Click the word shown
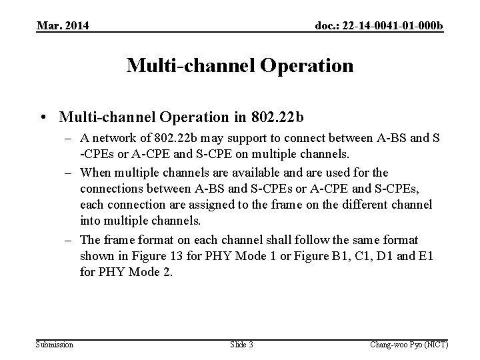[x=97, y=255]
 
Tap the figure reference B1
[x=341, y=255]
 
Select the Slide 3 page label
[x=242, y=344]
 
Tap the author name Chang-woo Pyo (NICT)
[x=409, y=344]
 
